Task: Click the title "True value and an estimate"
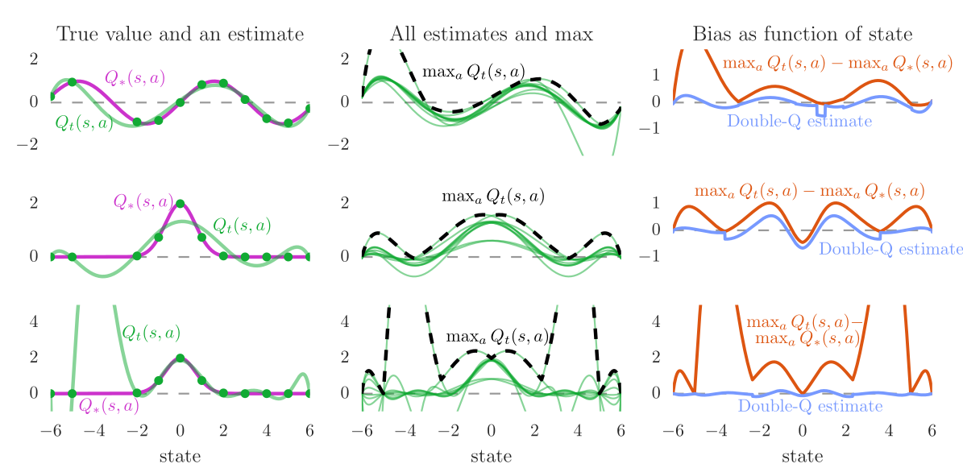click(x=180, y=34)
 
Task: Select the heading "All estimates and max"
click(x=491, y=34)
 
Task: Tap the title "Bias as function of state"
click(x=802, y=34)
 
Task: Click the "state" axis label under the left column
click(x=180, y=456)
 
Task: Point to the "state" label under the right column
click(x=802, y=456)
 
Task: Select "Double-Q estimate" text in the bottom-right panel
click(x=811, y=406)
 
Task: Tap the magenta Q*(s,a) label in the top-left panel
click(x=135, y=77)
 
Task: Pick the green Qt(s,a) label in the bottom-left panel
click(x=151, y=332)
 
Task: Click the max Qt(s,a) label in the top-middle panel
click(x=474, y=72)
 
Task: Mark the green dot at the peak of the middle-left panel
click(x=180, y=204)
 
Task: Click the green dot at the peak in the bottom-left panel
click(x=180, y=358)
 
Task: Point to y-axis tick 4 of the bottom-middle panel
click(x=344, y=321)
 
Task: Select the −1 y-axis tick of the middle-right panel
click(x=653, y=256)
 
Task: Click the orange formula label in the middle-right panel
click(x=809, y=192)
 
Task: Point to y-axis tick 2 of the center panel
click(x=344, y=202)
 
